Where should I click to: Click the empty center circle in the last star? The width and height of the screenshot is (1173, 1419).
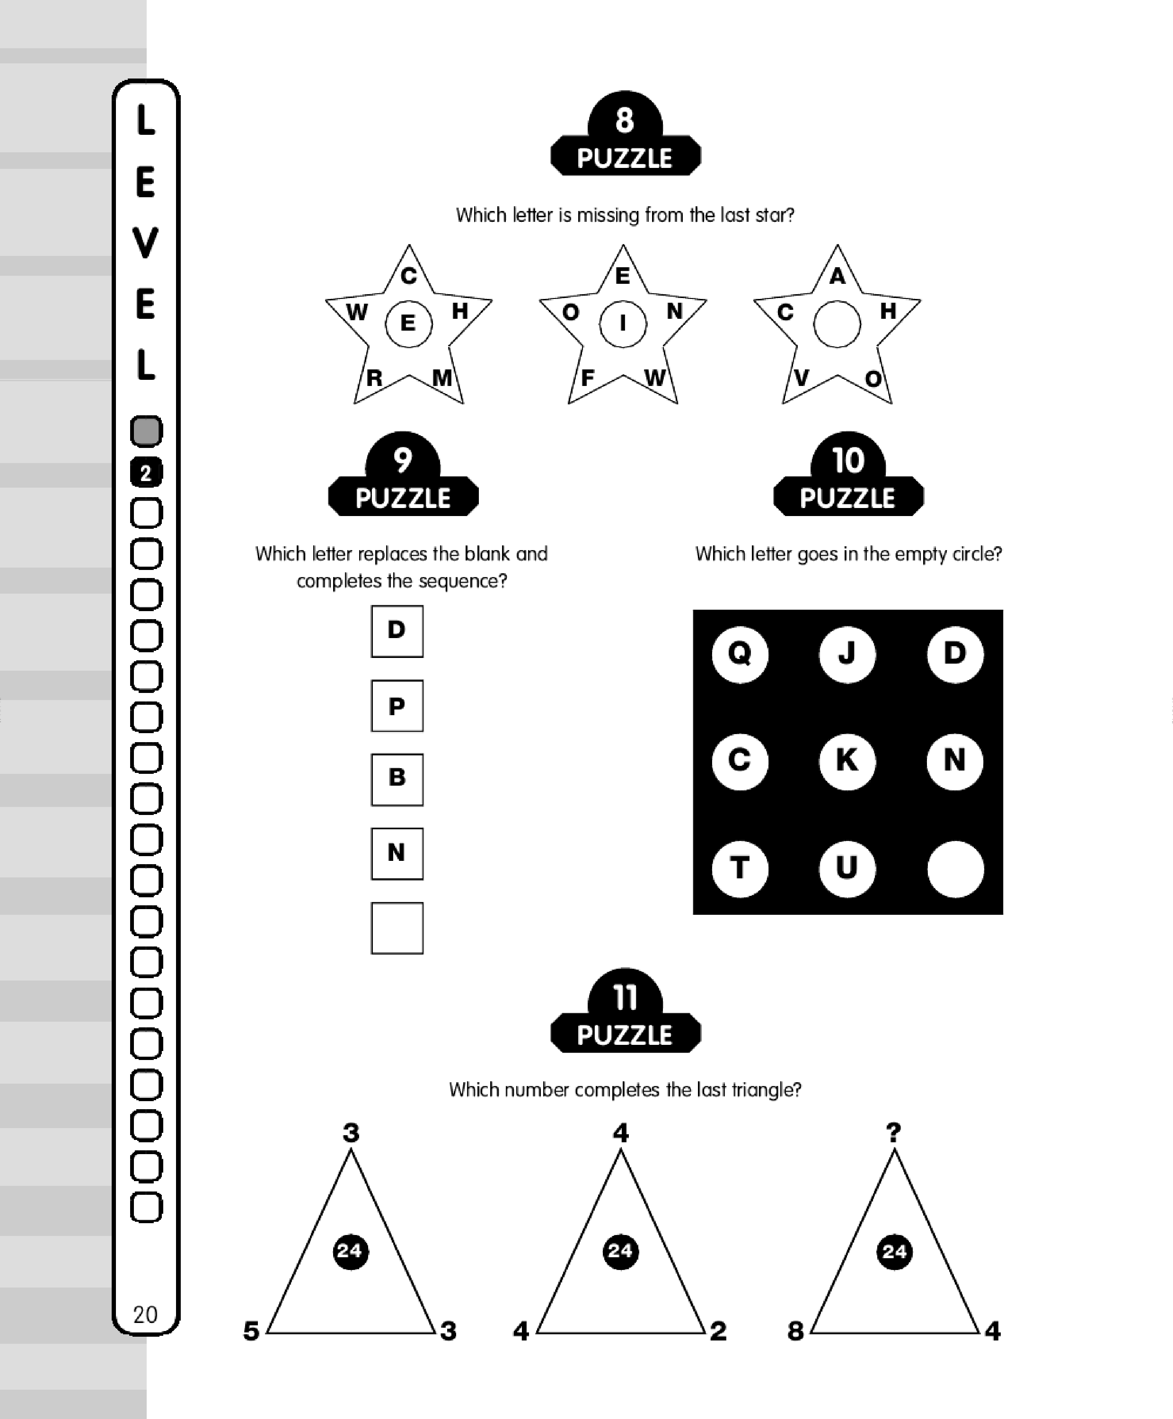(837, 324)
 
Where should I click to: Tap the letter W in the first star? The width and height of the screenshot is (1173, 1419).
(357, 312)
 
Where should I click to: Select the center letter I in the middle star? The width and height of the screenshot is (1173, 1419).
(622, 324)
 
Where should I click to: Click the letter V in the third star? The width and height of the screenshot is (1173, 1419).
(802, 377)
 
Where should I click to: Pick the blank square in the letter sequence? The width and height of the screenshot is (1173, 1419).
(397, 928)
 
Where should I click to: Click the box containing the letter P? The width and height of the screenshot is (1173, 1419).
(397, 706)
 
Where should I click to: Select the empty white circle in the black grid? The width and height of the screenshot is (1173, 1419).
(955, 868)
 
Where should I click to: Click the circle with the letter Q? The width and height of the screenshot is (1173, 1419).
(740, 653)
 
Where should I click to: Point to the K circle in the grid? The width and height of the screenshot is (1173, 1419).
(847, 761)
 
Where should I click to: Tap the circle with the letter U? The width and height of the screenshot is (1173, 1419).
(847, 868)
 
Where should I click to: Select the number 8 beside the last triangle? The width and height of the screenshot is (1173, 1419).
(796, 1331)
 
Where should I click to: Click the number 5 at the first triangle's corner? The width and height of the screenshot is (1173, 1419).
(251, 1331)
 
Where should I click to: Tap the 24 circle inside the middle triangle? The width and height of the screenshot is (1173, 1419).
(620, 1251)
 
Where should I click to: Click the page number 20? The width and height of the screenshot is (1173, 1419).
(145, 1314)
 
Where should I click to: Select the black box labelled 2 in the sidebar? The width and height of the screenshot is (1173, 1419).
(146, 473)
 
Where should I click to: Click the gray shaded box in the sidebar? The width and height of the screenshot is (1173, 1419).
(146, 431)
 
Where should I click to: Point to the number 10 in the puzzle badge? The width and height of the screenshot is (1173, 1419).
(848, 461)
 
